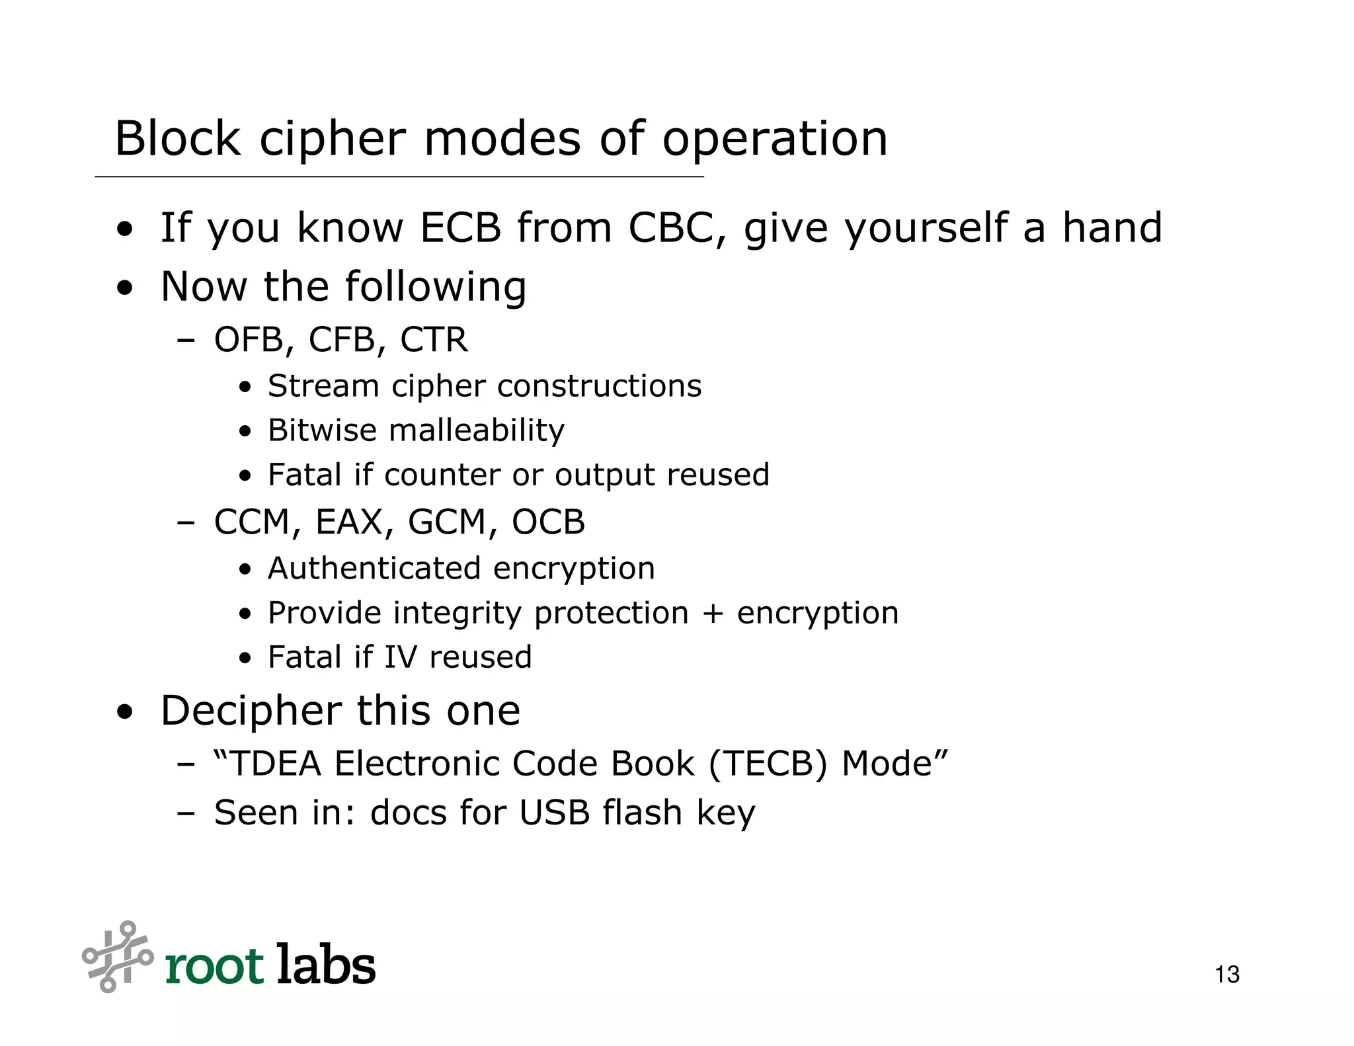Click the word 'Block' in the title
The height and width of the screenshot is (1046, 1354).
[178, 139]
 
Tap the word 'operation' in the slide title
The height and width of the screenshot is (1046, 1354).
[775, 140]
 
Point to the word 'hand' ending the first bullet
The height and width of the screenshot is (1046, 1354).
[1112, 228]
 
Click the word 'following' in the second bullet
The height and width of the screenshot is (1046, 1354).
[436, 288]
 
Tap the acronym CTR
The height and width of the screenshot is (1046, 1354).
[434, 341]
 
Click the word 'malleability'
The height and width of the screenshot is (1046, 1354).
[477, 430]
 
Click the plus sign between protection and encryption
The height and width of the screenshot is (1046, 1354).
[713, 614]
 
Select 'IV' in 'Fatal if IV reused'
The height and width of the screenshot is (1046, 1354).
[401, 658]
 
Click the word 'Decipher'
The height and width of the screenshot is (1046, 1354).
[251, 711]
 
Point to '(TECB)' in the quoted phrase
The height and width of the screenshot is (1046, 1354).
[768, 764]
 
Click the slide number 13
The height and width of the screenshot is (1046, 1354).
[1227, 975]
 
